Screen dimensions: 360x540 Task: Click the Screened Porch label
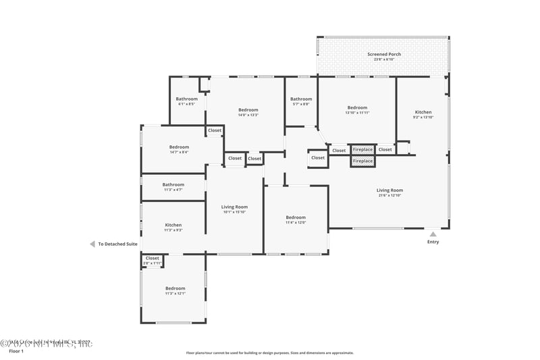(x=384, y=54)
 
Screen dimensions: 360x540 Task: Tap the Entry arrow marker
(x=433, y=234)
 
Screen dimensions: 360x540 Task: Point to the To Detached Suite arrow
(x=92, y=245)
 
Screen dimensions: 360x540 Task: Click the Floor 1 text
(x=16, y=351)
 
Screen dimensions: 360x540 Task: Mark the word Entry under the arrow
(x=433, y=242)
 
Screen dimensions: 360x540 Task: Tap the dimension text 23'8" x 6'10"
(x=384, y=59)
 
